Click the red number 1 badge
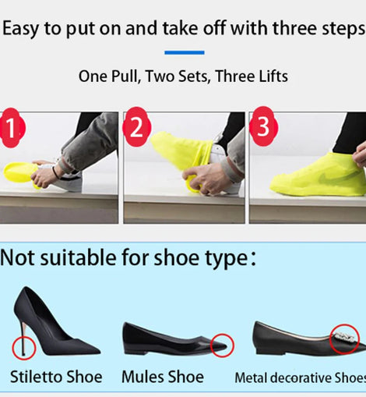coord(12,128)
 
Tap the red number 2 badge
coord(136,127)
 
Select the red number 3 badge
coord(263,126)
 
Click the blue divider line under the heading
coord(185,52)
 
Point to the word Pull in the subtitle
coord(125,76)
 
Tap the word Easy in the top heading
coord(20,29)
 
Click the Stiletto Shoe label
coord(56,377)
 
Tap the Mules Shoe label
coord(163,377)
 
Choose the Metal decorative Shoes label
coord(301,378)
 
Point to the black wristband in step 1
coord(55,172)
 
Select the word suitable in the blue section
coord(78,258)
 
